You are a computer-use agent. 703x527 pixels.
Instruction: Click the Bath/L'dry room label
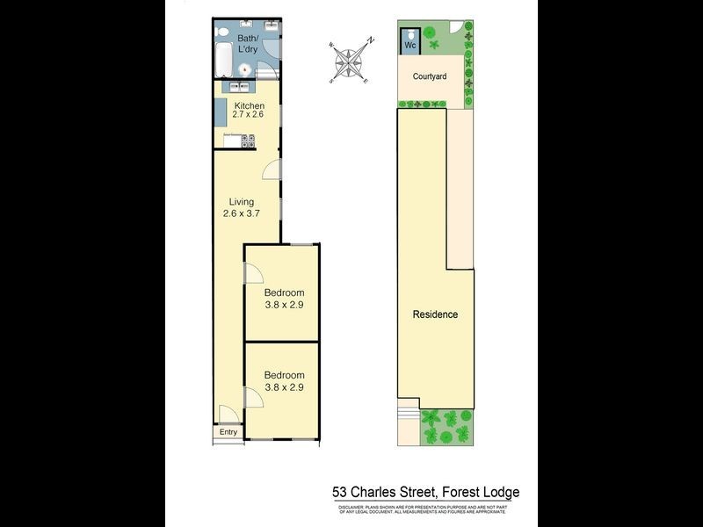point(248,44)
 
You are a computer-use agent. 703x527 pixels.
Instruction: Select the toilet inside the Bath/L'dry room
point(223,34)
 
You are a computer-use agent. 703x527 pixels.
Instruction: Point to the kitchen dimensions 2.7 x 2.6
point(247,115)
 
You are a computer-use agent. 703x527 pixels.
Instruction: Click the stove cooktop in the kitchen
point(248,139)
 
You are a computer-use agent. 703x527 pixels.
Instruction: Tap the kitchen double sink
point(237,87)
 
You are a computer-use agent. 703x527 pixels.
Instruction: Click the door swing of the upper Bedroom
point(253,275)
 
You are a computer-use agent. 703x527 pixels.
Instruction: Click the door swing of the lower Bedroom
point(253,400)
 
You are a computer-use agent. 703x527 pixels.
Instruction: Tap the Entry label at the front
point(228,431)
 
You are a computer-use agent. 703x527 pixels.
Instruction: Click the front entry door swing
point(226,415)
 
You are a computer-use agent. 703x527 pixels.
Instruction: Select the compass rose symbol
point(351,61)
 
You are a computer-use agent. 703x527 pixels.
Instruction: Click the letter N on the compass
point(372,40)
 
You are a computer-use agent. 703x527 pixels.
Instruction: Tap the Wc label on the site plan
point(410,44)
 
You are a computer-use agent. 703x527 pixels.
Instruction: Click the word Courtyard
point(430,76)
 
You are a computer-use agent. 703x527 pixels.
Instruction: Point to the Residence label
point(435,314)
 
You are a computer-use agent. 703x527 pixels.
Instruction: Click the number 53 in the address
point(339,493)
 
